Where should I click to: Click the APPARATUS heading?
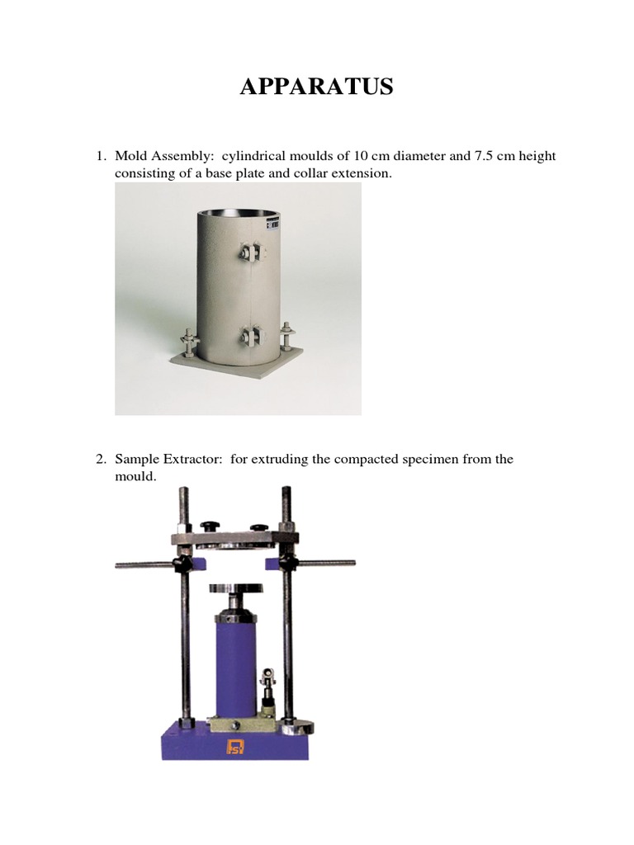coord(316,86)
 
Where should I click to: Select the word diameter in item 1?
coord(419,156)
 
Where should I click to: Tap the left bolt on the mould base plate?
coord(190,342)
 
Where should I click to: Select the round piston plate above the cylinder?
coord(236,588)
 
